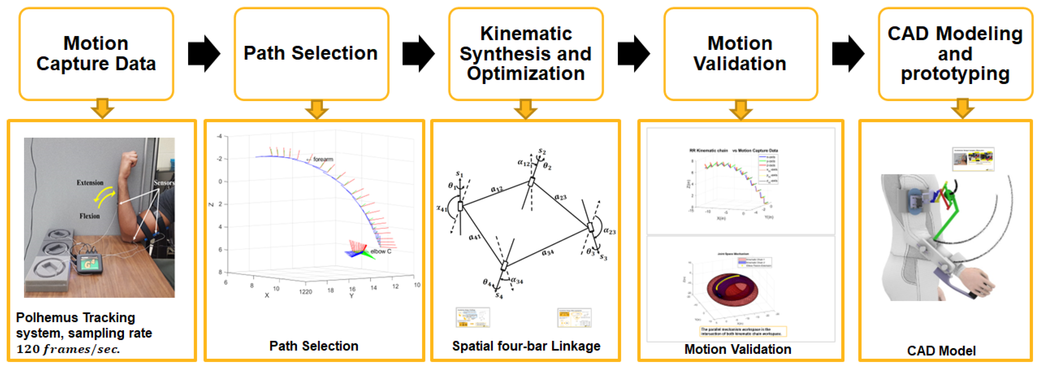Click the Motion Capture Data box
click(x=96, y=54)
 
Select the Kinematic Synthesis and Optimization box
click(x=526, y=54)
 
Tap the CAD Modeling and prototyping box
click(x=955, y=54)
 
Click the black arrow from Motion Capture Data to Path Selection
click(x=204, y=54)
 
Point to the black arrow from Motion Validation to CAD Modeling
click(x=848, y=54)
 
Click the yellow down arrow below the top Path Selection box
click(x=317, y=109)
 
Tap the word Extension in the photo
click(x=90, y=183)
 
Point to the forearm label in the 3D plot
click(x=323, y=159)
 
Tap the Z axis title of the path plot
click(x=210, y=204)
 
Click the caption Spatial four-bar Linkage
click(x=526, y=346)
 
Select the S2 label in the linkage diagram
click(x=542, y=152)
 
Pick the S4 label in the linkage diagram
click(x=499, y=296)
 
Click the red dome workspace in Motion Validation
click(x=733, y=290)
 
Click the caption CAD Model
click(x=941, y=350)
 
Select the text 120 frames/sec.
click(x=68, y=349)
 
